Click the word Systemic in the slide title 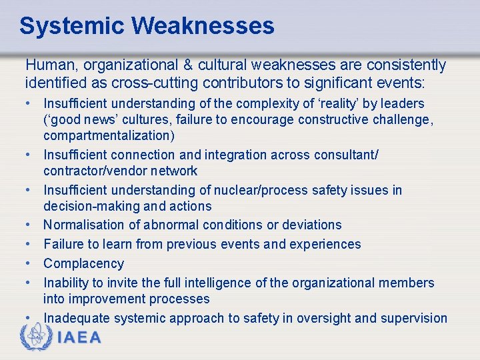(72, 26)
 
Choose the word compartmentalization (107, 135)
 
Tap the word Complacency (84, 263)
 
